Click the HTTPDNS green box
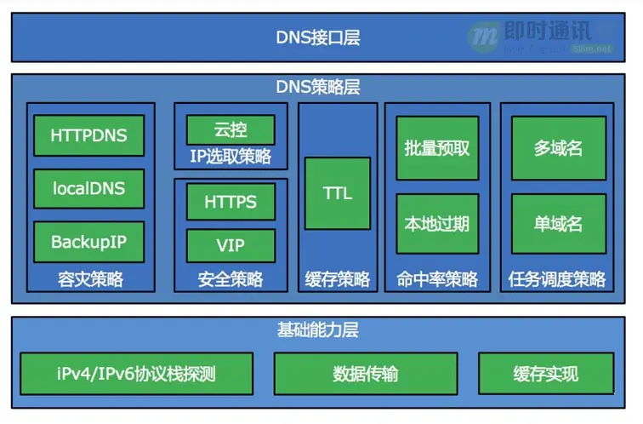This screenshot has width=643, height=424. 89,135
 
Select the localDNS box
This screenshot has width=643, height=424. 89,188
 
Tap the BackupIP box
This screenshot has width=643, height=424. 89,242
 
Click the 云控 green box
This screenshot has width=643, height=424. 230,130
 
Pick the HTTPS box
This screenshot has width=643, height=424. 230,203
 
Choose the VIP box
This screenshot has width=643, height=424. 230,245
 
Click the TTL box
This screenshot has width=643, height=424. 338,193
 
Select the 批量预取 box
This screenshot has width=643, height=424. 437,148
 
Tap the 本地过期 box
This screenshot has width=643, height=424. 437,224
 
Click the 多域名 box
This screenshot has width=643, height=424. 558,148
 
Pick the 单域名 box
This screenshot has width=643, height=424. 558,224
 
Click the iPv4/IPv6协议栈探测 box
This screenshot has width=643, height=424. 137,374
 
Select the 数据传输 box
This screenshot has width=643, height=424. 365,374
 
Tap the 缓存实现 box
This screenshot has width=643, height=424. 545,374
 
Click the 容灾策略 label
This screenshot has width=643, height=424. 90,279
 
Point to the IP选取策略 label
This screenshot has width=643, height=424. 230,157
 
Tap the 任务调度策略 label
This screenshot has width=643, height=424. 557,279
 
